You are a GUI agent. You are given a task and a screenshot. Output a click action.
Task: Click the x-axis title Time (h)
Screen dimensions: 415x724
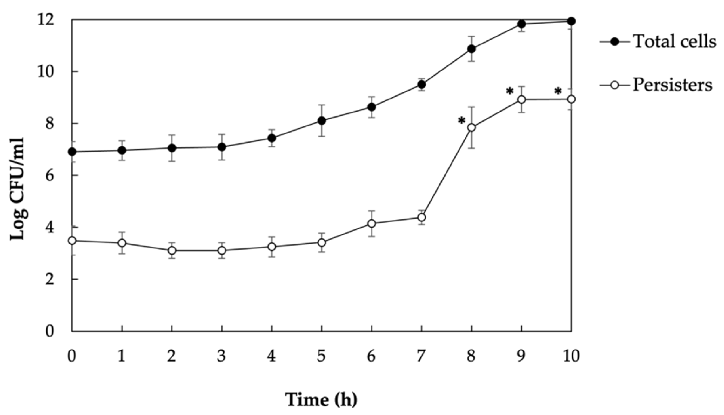pyautogui.click(x=321, y=399)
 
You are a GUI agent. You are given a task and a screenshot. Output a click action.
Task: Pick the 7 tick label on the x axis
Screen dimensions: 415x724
pyautogui.click(x=421, y=356)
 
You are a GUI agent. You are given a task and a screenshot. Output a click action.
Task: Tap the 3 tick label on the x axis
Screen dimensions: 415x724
pyautogui.click(x=222, y=356)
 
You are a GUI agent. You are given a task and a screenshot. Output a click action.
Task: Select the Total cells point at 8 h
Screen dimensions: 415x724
pyautogui.click(x=472, y=49)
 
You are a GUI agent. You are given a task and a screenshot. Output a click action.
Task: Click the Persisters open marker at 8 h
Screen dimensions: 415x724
pyautogui.click(x=472, y=127)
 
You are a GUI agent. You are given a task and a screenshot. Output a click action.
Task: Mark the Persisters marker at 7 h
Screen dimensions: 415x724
pyautogui.click(x=422, y=217)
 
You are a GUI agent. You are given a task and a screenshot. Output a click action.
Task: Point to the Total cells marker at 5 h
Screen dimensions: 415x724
pyautogui.click(x=322, y=120)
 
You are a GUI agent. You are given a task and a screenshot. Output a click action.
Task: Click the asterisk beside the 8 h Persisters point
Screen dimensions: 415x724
pyautogui.click(x=461, y=121)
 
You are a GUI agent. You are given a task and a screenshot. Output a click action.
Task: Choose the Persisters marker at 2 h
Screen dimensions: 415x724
pyautogui.click(x=172, y=250)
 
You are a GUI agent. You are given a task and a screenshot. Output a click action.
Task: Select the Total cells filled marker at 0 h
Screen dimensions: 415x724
pyautogui.click(x=72, y=152)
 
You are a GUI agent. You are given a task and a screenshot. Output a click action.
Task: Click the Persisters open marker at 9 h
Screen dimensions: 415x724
pyautogui.click(x=521, y=99)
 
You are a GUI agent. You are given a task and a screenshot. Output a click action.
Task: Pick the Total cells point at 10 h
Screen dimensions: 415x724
pyautogui.click(x=571, y=21)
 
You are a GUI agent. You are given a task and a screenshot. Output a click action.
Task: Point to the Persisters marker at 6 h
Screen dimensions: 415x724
pyautogui.click(x=372, y=223)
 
